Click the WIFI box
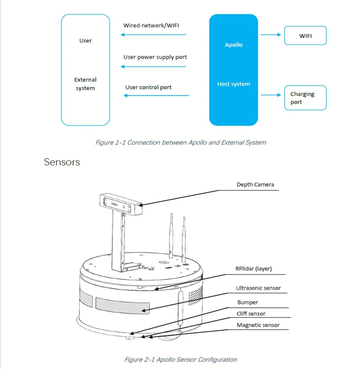[x=305, y=36]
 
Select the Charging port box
[x=305, y=98]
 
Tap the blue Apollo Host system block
[x=233, y=70]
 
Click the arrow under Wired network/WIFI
[x=153, y=35]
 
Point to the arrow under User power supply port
[x=153, y=67]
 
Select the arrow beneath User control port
[x=156, y=95]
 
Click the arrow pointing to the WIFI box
[x=271, y=35]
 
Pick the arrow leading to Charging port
[x=271, y=95]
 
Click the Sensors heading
[x=62, y=162]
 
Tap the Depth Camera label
[x=255, y=184]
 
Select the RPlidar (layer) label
[x=253, y=268]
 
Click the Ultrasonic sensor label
[x=258, y=288]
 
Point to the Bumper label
[x=247, y=302]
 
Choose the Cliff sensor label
[x=251, y=313]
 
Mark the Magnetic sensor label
[x=258, y=325]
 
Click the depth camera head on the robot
[x=121, y=205]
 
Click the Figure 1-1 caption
[x=180, y=143]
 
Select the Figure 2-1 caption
[x=180, y=359]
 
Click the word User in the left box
[x=85, y=41]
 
